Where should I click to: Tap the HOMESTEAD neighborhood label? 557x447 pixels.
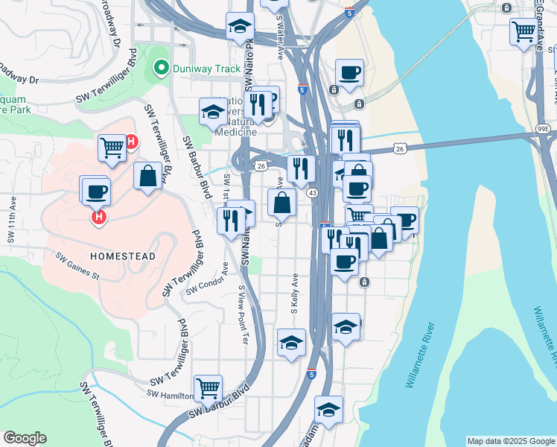click(x=123, y=256)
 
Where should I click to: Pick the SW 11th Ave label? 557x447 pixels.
click(x=11, y=220)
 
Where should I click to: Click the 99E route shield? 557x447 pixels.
click(x=544, y=130)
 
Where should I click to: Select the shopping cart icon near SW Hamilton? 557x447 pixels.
click(x=208, y=387)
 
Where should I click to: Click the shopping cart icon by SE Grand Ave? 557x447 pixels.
click(x=523, y=31)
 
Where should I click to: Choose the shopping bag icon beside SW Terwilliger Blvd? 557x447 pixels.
click(x=147, y=177)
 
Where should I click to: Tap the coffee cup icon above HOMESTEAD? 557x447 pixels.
click(x=95, y=191)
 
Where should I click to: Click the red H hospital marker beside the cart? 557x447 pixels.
click(x=131, y=141)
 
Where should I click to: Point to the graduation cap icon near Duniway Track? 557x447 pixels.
click(x=240, y=26)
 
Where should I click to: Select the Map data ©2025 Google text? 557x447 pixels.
click(x=510, y=441)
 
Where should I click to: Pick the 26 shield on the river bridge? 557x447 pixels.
click(x=400, y=148)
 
